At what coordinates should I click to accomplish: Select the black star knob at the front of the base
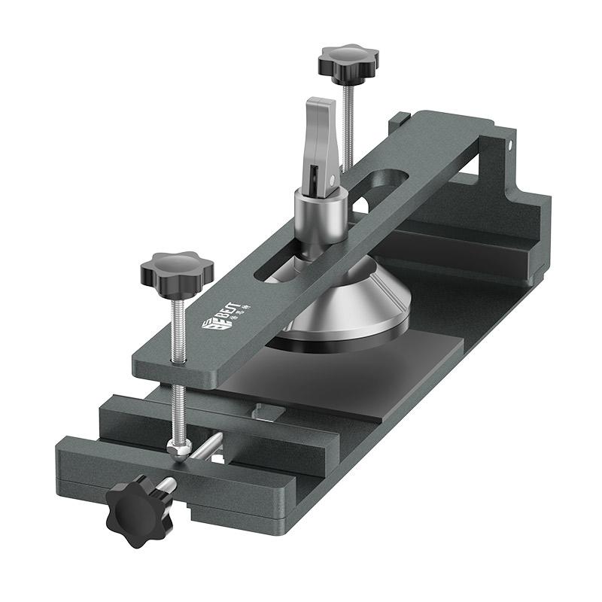136,508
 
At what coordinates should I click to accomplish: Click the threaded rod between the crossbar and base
179,406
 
